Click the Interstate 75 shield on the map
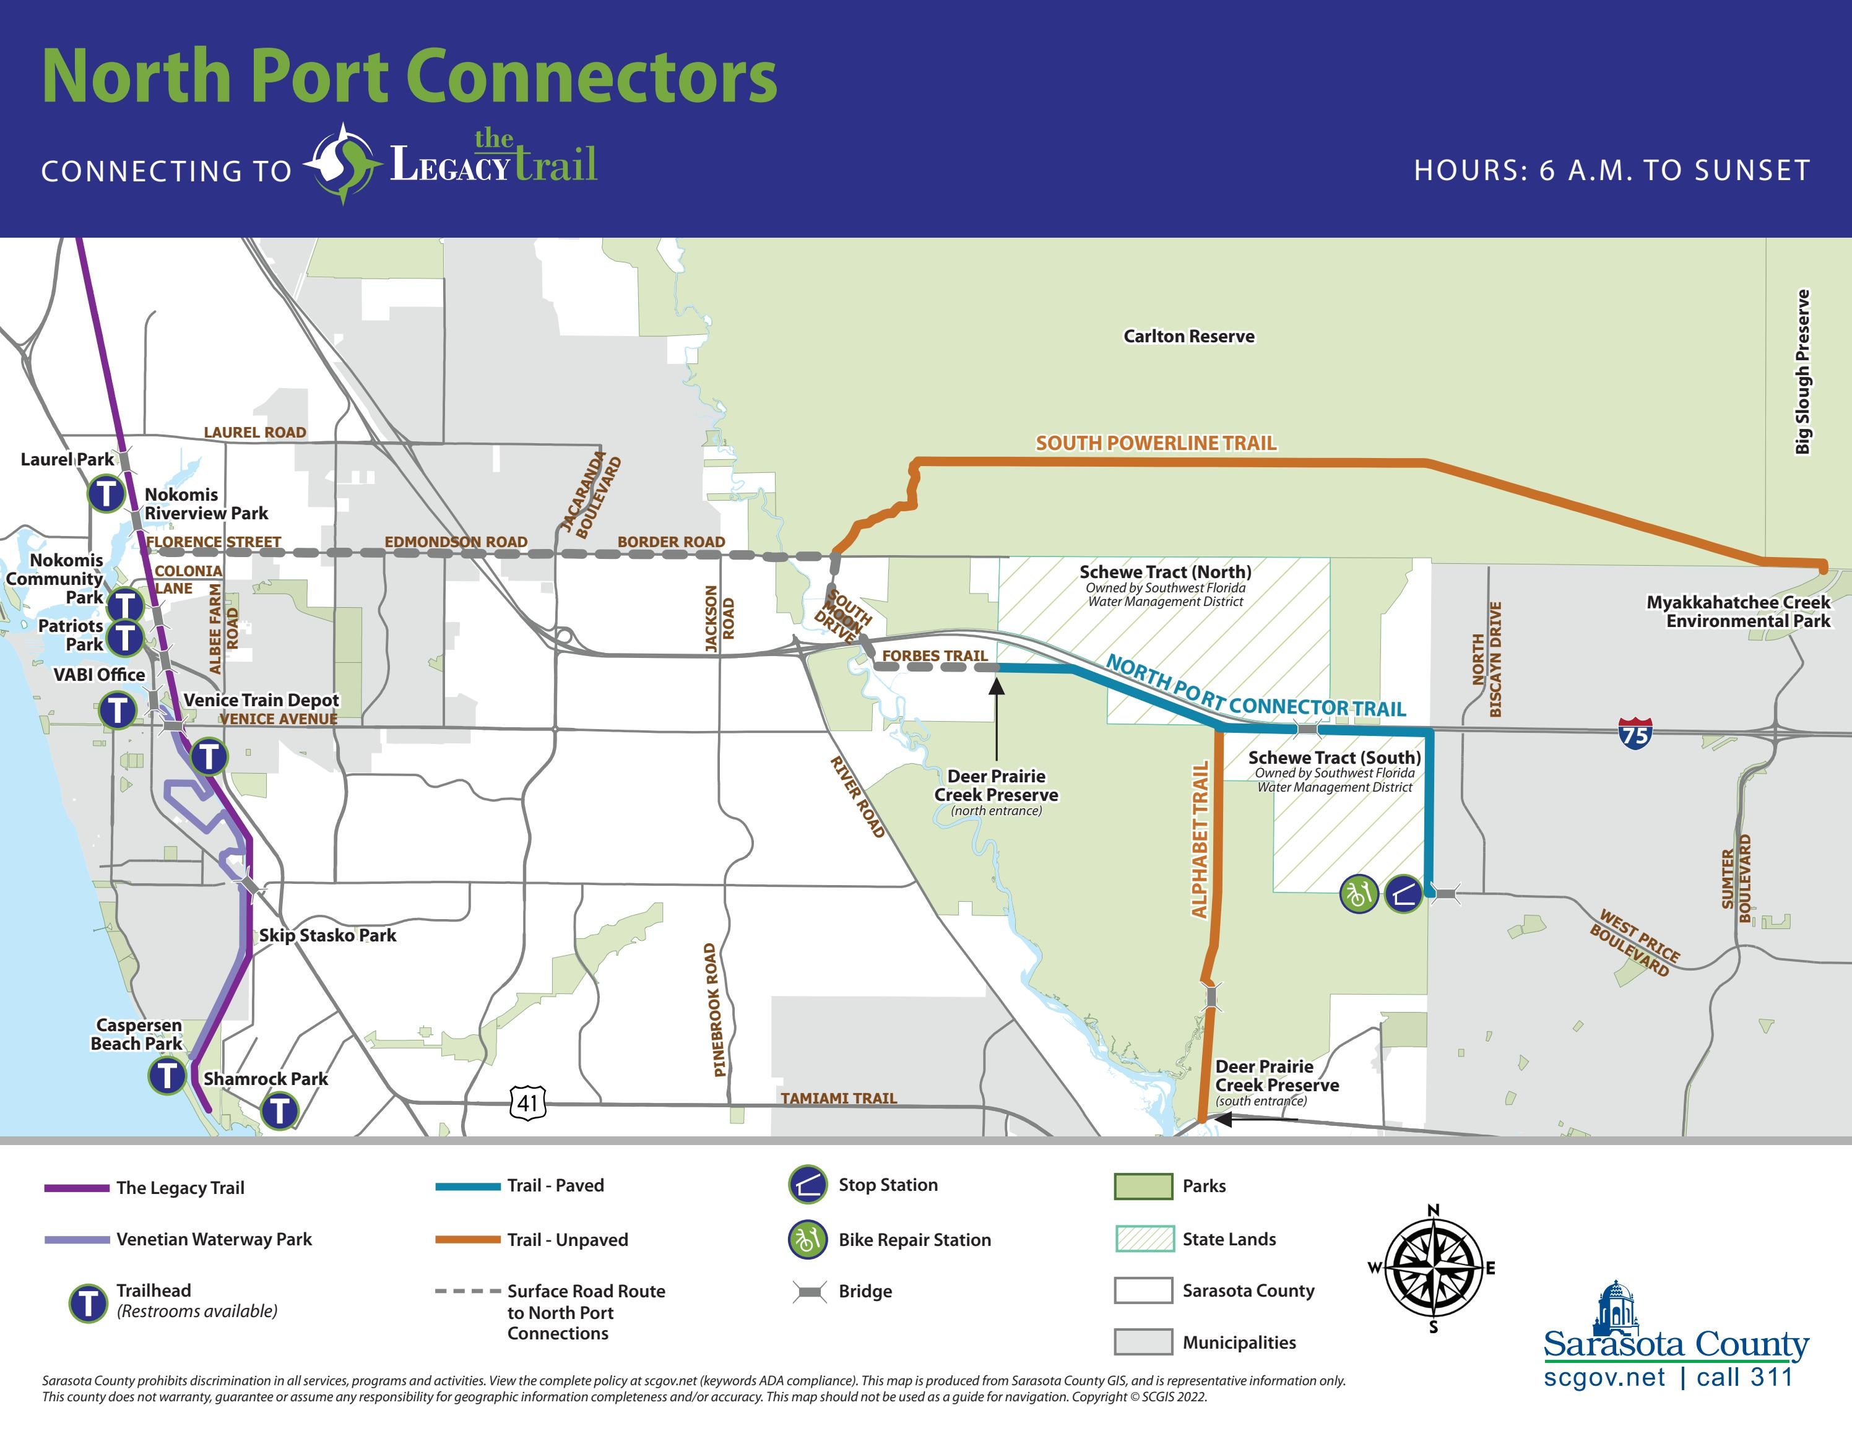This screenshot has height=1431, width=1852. click(1635, 732)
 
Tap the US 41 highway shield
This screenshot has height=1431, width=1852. click(527, 1102)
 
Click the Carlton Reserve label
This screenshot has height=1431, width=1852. click(1189, 337)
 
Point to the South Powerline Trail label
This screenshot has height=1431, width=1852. click(1156, 443)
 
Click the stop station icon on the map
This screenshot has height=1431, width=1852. click(1403, 894)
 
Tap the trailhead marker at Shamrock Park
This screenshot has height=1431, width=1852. click(279, 1110)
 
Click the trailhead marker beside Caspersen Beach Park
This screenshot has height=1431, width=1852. click(168, 1076)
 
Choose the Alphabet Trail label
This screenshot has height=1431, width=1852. click(1200, 839)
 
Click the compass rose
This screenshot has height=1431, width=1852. click(1433, 1268)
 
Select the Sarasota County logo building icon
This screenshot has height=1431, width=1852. click(1617, 1307)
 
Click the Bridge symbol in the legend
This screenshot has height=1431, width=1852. click(809, 1292)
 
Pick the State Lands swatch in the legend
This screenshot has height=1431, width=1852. click(1144, 1239)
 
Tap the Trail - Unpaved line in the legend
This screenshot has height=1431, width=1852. click(467, 1239)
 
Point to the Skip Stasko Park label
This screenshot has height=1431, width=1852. click(327, 935)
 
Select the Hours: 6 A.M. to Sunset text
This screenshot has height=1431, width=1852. click(1611, 170)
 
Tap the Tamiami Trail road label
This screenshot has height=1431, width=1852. click(838, 1098)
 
